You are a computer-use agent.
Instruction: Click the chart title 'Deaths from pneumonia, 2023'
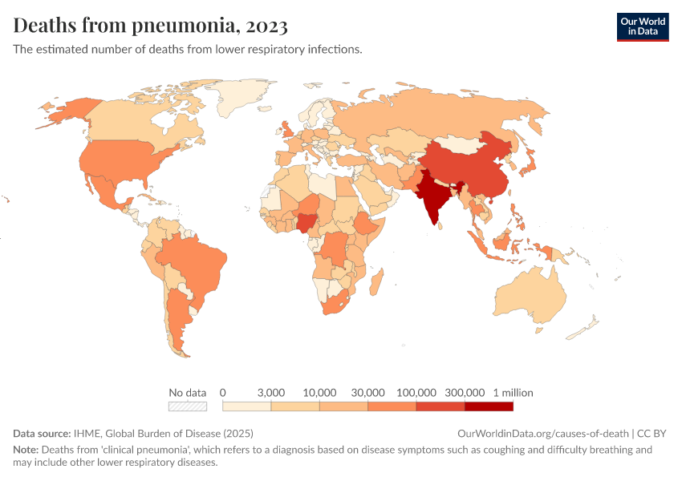[151, 26]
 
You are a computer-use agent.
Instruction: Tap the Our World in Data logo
[643, 26]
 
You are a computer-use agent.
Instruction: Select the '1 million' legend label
[513, 393]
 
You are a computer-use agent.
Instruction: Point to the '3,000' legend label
[271, 393]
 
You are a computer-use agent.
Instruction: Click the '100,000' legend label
[416, 393]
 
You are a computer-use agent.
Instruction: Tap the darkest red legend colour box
[489, 406]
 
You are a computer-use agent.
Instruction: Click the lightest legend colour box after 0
[247, 406]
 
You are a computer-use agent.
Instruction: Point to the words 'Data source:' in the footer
[42, 433]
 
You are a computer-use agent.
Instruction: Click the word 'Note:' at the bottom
[26, 450]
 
